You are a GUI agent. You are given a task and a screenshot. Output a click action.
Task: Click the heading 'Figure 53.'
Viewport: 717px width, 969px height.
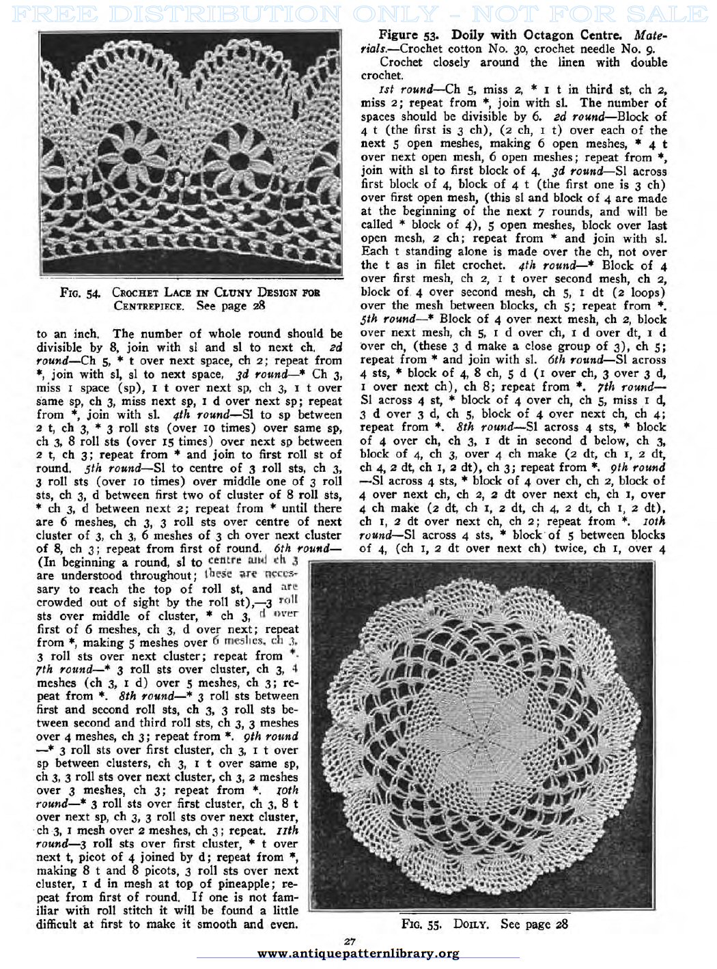(x=408, y=35)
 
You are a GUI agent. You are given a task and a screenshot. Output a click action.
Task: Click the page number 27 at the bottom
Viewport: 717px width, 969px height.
(x=350, y=942)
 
